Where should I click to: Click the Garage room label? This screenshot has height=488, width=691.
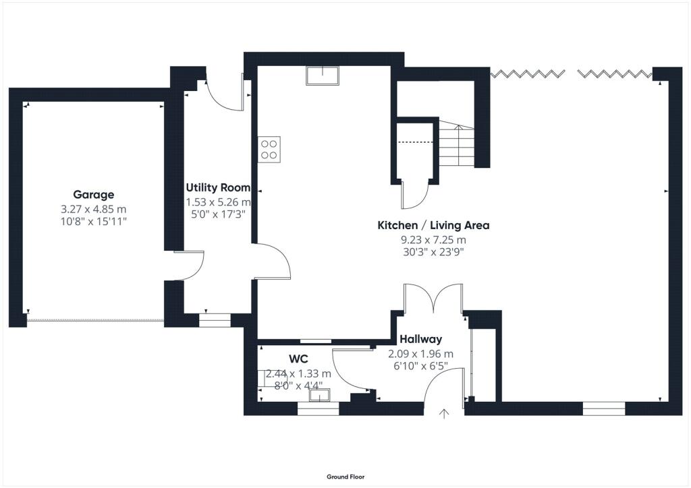(94, 195)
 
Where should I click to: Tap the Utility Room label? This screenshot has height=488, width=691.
(218, 188)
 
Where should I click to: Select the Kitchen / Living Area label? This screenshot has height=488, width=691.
(433, 225)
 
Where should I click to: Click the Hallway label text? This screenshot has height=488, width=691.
(420, 340)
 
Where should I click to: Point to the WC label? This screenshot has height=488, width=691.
(298, 359)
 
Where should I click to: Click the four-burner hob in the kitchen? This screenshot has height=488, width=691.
(269, 148)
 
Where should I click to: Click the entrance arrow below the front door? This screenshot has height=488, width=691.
(444, 413)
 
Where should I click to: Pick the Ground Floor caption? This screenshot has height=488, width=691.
(345, 477)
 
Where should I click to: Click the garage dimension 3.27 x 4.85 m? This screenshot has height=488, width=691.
(94, 209)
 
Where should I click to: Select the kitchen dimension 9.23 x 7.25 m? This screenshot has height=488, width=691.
(433, 240)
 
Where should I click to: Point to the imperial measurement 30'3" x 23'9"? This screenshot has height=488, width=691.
(433, 252)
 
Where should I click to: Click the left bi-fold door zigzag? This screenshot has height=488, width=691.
(528, 73)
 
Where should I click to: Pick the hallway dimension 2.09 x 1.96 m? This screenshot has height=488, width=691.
(420, 354)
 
